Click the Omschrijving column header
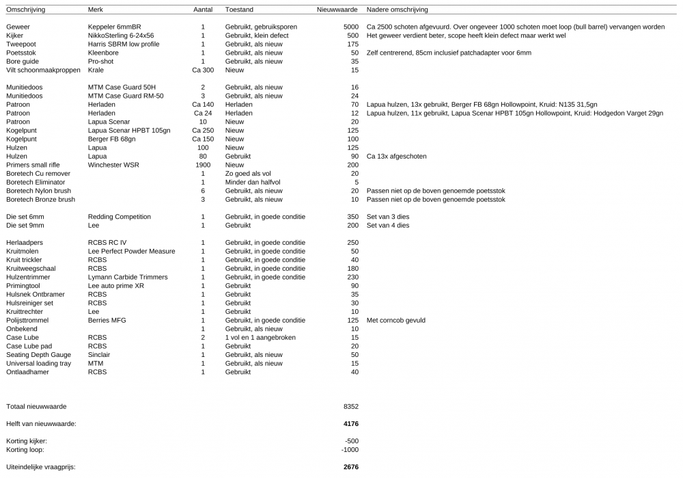coord(25,10)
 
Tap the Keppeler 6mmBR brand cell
coord(114,27)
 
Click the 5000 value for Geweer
coord(351,27)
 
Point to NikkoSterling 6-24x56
coord(121,36)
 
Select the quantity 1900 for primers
coord(203,165)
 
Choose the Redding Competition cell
coord(120,217)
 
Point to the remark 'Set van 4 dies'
coord(388,225)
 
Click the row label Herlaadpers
coord(25,243)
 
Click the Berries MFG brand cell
coord(107,320)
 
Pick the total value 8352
coord(351,406)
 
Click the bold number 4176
coord(351,424)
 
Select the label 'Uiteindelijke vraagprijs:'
coord(41,467)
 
